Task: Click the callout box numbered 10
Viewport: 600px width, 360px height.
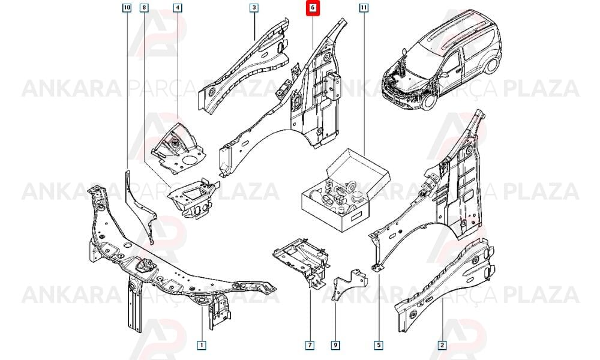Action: (x=127, y=8)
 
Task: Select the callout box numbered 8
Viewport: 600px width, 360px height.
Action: (x=144, y=8)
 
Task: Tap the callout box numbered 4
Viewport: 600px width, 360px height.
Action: (x=178, y=8)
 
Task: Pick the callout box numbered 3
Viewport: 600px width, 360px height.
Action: (x=254, y=8)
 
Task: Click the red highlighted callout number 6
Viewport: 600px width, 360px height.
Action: (x=313, y=8)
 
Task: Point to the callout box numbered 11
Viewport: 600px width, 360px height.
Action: (x=364, y=8)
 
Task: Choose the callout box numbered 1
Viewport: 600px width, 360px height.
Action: (x=201, y=345)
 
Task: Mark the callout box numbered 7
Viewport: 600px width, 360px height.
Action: (x=310, y=345)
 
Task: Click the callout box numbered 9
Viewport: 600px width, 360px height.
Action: (x=335, y=345)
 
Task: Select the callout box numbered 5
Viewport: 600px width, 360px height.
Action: (x=378, y=345)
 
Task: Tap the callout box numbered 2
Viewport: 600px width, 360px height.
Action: (x=442, y=345)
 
